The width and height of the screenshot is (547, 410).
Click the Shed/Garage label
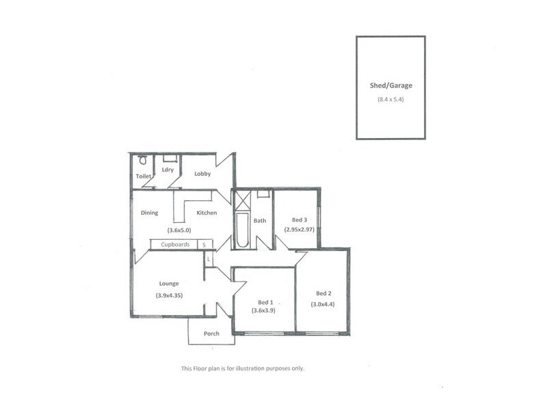[x=390, y=86]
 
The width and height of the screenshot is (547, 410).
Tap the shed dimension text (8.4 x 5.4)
[x=390, y=100]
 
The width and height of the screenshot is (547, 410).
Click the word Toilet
[x=144, y=176]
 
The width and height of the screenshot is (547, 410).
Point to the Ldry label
[x=168, y=170]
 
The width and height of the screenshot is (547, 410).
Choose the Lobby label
[x=202, y=174]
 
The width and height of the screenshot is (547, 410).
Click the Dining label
[x=150, y=213]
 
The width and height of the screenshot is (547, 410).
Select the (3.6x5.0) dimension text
[x=178, y=230]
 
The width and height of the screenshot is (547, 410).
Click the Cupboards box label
[x=175, y=244]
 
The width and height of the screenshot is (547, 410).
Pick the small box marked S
[x=204, y=244]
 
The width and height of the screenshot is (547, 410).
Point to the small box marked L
[x=208, y=260]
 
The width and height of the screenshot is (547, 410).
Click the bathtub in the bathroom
[x=243, y=232]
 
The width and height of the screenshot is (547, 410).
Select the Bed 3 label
[x=299, y=219]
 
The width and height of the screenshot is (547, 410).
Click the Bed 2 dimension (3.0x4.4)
[x=323, y=304]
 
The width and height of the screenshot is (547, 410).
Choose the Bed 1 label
[x=265, y=301]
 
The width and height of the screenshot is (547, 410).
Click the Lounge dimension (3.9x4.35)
[x=169, y=295]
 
